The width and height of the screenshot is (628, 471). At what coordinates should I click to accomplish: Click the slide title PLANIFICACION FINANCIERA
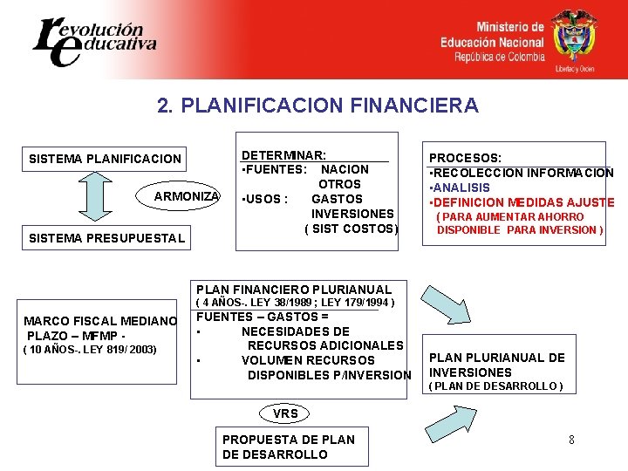317,106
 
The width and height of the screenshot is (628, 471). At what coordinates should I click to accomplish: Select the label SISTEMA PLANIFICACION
106,159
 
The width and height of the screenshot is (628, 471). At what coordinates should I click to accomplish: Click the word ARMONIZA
187,196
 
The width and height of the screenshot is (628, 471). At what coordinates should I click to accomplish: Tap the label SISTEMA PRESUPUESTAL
107,238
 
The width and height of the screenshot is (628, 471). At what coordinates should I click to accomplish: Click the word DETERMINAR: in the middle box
283,154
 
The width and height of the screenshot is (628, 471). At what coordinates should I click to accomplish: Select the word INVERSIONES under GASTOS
352,214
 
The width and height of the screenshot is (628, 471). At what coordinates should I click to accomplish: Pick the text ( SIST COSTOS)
351,229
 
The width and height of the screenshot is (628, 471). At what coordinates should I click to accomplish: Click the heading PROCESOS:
464,158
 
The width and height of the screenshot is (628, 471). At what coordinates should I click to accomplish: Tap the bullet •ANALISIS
459,188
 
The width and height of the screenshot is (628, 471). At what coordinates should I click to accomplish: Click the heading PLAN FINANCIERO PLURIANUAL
294,289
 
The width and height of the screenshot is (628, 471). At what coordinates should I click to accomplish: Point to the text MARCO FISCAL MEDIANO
100,320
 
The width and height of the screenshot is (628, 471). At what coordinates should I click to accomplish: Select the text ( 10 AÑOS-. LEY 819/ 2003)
90,350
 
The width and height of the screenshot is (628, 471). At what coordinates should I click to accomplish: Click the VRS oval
285,413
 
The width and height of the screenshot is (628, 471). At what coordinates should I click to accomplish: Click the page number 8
571,440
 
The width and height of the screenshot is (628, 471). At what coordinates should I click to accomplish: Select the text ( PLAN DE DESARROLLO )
495,386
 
